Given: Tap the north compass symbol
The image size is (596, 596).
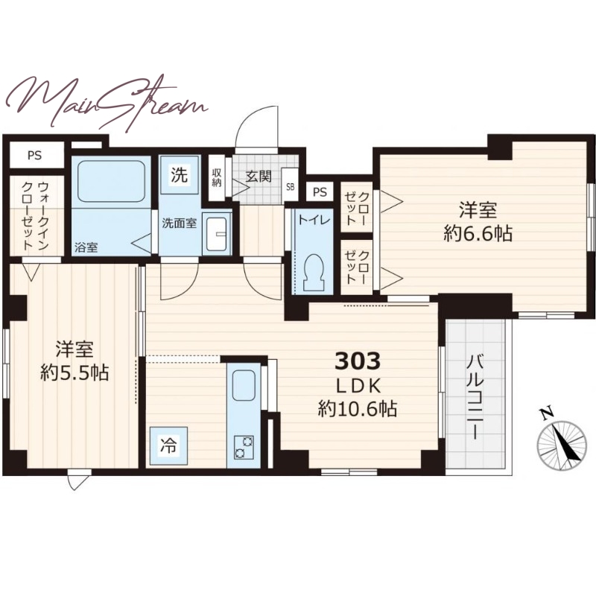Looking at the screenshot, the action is (x=562, y=440).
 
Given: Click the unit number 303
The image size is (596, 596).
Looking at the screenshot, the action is (x=358, y=361).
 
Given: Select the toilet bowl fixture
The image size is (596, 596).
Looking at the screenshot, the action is (x=314, y=272).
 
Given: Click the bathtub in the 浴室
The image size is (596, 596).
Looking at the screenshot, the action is (x=111, y=182).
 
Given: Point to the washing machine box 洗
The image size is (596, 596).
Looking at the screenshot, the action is (x=180, y=175).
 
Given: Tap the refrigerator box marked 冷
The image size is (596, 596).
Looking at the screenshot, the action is (x=168, y=446).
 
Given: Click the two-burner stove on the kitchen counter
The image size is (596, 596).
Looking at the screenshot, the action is (x=244, y=448).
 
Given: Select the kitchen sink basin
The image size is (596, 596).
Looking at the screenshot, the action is (x=244, y=385).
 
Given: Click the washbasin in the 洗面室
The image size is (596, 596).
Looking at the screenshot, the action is (x=217, y=234).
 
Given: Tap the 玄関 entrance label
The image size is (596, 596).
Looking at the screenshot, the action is (x=259, y=177).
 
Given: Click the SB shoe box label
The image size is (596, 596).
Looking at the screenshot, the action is (x=290, y=187).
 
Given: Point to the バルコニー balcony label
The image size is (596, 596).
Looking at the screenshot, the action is (x=475, y=396).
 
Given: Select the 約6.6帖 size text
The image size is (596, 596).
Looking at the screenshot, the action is (x=478, y=233).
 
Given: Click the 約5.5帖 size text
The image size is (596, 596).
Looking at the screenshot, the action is (x=75, y=373).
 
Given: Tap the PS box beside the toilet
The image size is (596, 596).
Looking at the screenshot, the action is (x=320, y=192).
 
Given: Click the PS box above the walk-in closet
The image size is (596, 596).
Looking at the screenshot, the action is (x=34, y=155).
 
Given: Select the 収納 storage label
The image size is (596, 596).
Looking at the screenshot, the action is (x=217, y=177).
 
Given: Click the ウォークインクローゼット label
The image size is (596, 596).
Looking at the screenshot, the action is (x=35, y=215).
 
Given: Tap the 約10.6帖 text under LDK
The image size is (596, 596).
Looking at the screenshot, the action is (x=357, y=410).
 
